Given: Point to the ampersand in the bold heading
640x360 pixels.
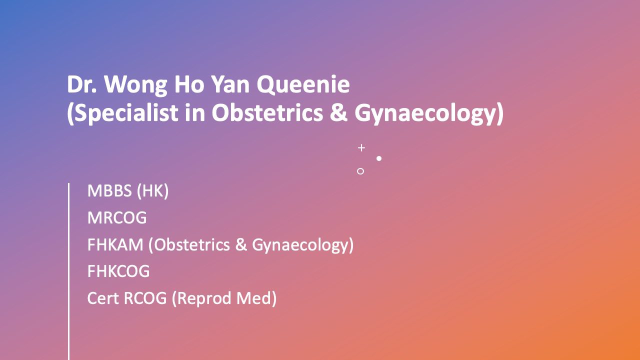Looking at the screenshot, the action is pyautogui.click(x=338, y=112).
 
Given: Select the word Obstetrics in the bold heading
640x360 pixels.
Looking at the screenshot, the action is pyautogui.click(x=267, y=112).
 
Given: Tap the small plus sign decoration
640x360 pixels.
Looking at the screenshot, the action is pyautogui.click(x=361, y=147).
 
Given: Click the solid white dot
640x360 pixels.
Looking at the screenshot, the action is pyautogui.click(x=379, y=158).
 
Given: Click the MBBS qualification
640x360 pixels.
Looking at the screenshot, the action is pyautogui.click(x=109, y=190).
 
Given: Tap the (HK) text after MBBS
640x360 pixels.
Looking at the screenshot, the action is pyautogui.click(x=153, y=191).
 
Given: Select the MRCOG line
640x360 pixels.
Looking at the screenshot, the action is pyautogui.click(x=117, y=217).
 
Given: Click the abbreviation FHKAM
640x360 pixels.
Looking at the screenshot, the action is pyautogui.click(x=115, y=245).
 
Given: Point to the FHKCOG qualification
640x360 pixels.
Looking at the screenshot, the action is pyautogui.click(x=118, y=271).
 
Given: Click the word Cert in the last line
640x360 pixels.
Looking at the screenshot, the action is pyautogui.click(x=103, y=298).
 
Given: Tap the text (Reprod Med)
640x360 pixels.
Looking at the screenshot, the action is pyautogui.click(x=224, y=298).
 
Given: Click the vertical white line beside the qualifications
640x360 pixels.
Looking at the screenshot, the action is pyautogui.click(x=68, y=271).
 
